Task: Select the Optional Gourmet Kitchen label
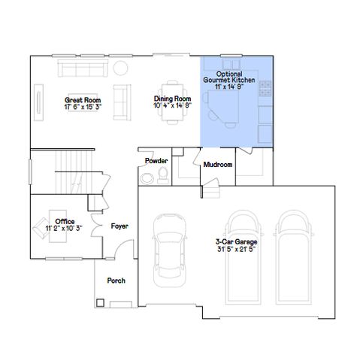pos(229,80)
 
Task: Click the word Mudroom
pos(218,165)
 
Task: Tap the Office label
pos(64,223)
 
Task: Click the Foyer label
pos(119,226)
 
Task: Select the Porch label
pos(116,281)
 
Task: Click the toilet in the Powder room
pos(162,176)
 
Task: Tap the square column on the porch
pos(100,303)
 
